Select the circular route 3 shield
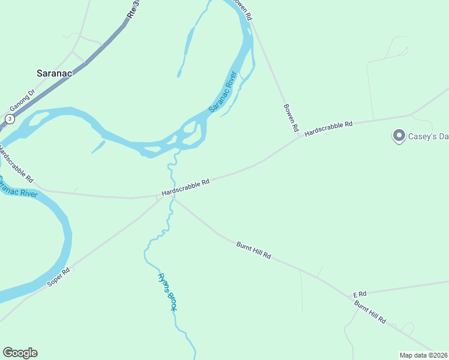[x=10, y=119]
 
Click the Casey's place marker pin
[x=398, y=136]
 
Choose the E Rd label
[x=360, y=294]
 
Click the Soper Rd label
[x=58, y=279]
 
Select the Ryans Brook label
[x=167, y=292]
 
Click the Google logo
[x=20, y=353]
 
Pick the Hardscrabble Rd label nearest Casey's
[x=328, y=128]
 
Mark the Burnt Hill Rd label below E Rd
[x=370, y=312]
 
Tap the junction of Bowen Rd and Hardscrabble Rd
[x=299, y=137]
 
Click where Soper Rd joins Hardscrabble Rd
[x=158, y=199]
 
